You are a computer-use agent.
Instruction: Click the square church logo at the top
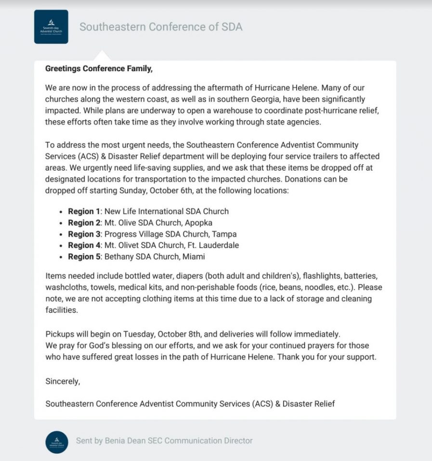tap(51, 26)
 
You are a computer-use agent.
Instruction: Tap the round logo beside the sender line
tap(57, 442)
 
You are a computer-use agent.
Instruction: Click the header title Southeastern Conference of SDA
tap(161, 27)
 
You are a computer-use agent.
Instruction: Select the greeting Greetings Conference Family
tap(99, 69)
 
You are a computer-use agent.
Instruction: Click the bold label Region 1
tap(84, 211)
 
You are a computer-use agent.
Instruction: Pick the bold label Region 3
tap(84, 234)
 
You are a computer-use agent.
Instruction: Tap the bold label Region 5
tap(84, 257)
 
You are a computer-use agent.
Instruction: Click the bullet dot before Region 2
tap(61, 223)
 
